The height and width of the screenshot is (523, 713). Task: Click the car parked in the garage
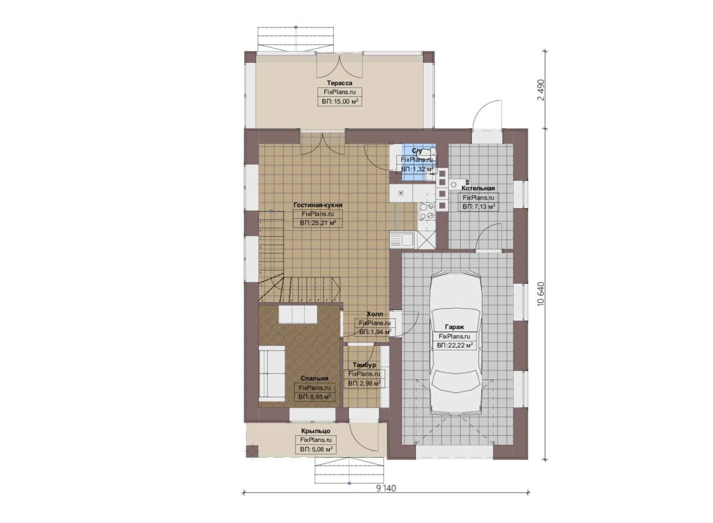pos(456,343)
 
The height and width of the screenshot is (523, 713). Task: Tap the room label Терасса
pos(340,83)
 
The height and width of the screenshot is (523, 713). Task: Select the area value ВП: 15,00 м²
pos(340,102)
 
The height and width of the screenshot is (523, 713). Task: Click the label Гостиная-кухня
pos(318,205)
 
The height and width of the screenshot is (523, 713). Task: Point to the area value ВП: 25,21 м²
pos(318,223)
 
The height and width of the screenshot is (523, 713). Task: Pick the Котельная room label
pos(478,188)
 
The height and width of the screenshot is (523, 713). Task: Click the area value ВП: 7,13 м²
pos(478,207)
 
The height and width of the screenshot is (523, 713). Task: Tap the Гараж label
pos(455,327)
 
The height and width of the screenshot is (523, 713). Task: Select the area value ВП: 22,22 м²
pos(455,345)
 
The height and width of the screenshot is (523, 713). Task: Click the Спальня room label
pos(314,379)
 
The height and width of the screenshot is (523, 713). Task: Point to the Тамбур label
pos(364,365)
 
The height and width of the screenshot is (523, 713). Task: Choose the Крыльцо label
pos(316,431)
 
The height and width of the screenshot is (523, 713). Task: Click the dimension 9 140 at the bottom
pos(386,488)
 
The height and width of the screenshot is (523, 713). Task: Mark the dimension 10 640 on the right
pos(541,294)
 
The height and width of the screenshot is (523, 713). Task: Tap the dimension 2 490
pos(541,90)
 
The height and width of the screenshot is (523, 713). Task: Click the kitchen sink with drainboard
pos(402,240)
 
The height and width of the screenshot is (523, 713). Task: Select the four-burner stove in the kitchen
pos(427,211)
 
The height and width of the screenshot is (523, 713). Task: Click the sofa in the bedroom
pos(271,373)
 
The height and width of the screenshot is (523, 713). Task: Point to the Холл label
pos(375,314)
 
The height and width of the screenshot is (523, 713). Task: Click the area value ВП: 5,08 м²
pos(316,449)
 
